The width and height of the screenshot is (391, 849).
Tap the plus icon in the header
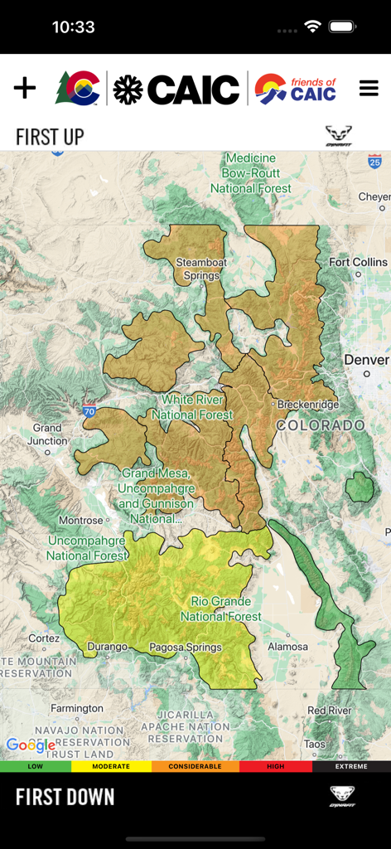25,88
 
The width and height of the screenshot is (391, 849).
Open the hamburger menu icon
369,88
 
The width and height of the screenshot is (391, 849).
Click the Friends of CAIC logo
296,89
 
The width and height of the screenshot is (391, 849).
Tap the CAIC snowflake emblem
128,89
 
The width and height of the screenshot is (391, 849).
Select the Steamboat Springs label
200,269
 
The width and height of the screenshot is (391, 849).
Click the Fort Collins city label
358,262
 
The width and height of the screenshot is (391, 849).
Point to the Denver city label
365,361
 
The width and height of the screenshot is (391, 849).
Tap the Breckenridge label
307,405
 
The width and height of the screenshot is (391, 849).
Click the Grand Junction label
47,434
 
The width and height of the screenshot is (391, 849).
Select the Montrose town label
80,521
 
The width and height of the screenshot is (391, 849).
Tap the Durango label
107,647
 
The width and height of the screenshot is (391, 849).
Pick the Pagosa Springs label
186,648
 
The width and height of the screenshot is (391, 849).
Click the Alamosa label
287,647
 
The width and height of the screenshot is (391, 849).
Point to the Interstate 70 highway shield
89,410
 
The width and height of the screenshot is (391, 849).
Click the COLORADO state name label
321,425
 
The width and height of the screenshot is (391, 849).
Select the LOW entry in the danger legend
36,767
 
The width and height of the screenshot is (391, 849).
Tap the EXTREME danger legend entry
351,767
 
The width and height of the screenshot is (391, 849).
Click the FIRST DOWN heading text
65,798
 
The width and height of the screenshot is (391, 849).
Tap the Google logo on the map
31,745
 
